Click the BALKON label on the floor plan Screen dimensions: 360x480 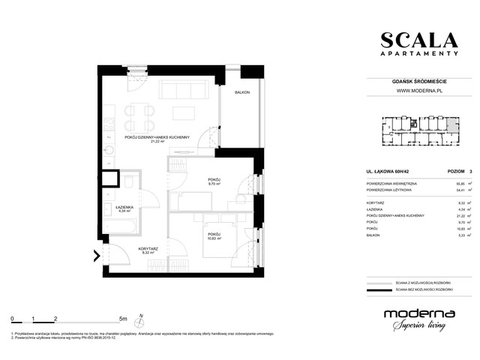point(241,93)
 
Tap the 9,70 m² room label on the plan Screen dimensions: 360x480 point(214,182)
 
